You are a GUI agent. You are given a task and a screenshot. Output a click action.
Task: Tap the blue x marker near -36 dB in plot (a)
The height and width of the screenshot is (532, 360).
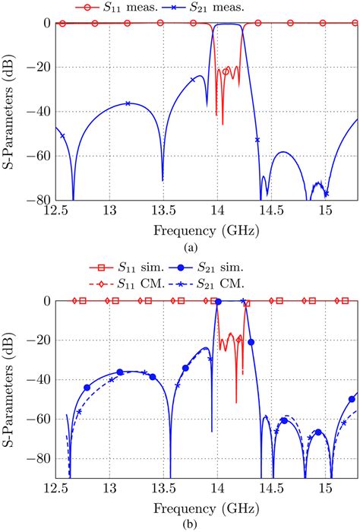coord(128,103)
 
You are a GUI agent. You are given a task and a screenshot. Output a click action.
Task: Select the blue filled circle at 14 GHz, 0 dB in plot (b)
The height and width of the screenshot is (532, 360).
coord(218,302)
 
